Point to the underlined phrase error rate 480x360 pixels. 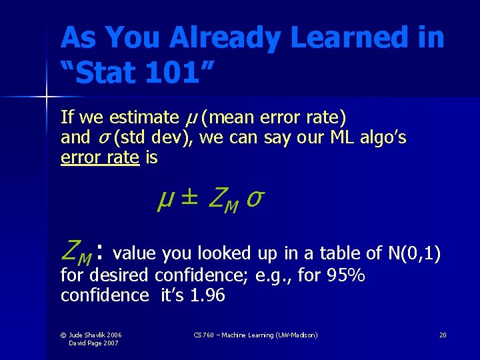[x=99, y=158]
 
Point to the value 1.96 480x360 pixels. [x=207, y=295]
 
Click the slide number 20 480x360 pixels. [x=442, y=335]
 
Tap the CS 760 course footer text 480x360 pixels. [x=255, y=335]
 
